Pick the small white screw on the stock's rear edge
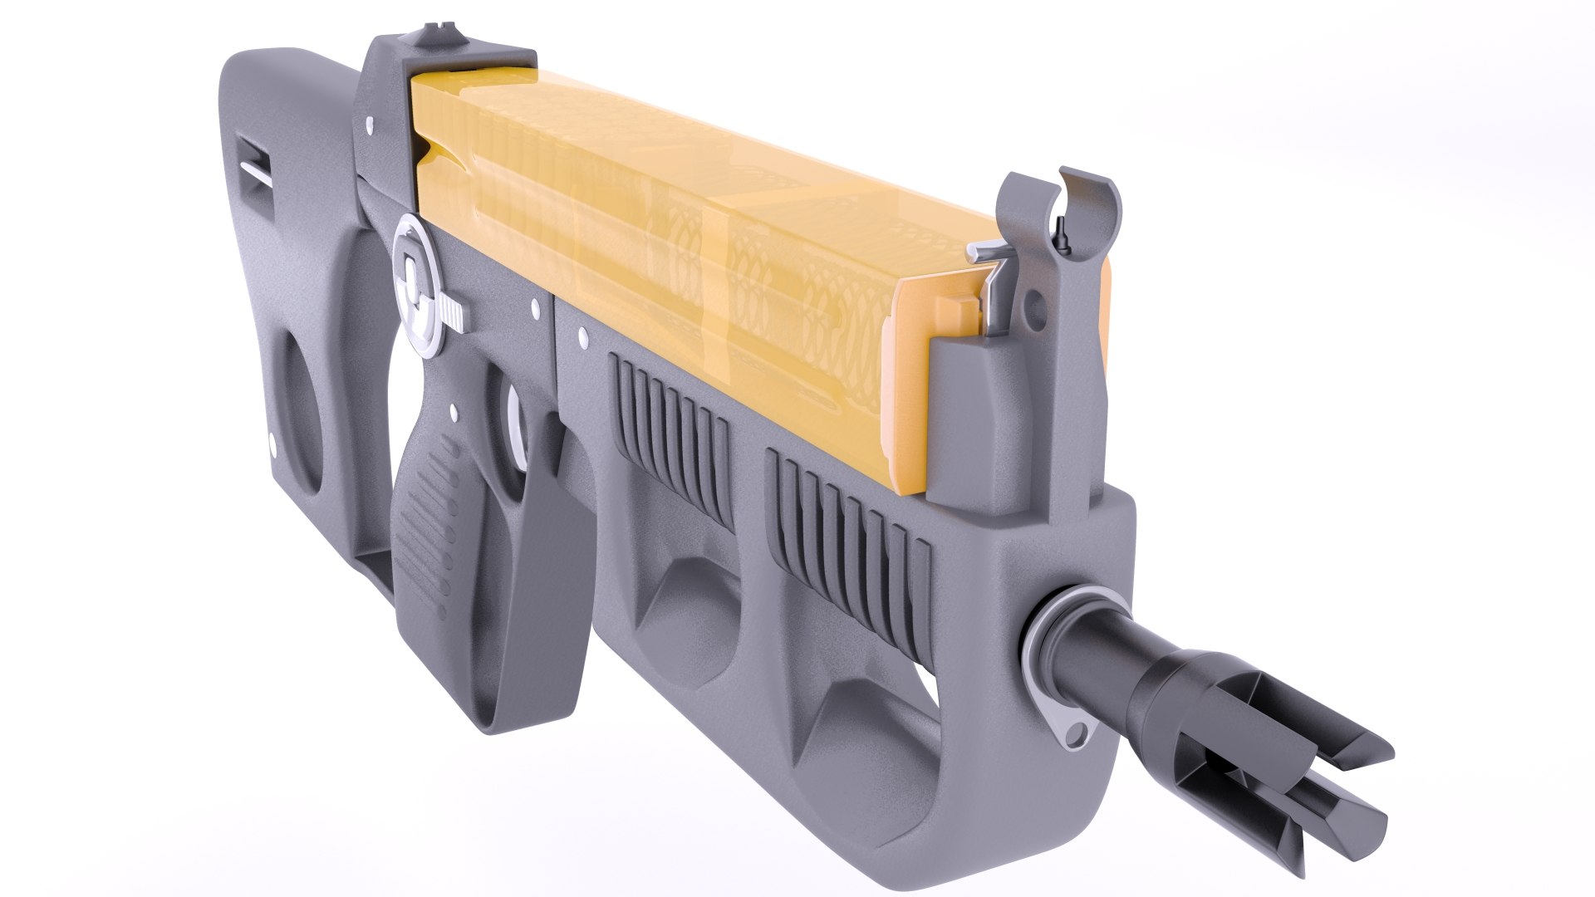[x=271, y=440]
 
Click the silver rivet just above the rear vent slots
[x=582, y=336]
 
